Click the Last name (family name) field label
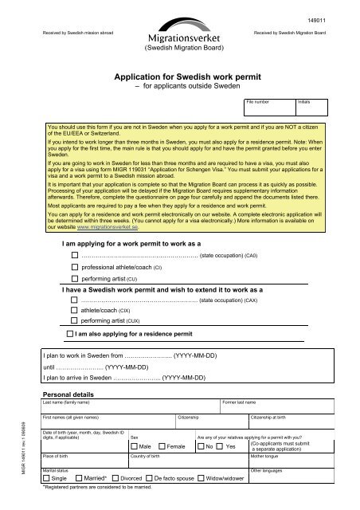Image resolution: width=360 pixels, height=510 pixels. pyautogui.click(x=68, y=403)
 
